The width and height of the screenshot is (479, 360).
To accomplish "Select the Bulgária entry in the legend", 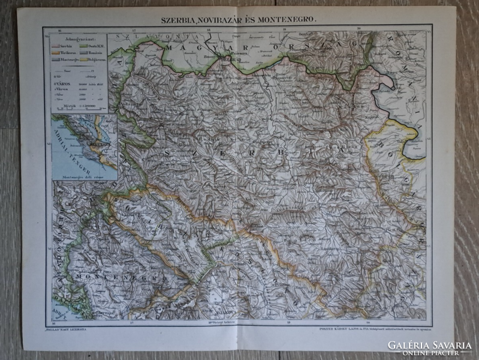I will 95,59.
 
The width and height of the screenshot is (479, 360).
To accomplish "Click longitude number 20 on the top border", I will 358,29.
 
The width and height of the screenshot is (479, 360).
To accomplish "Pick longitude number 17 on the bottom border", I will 131,323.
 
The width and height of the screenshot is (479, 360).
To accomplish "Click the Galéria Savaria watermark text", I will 429,345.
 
